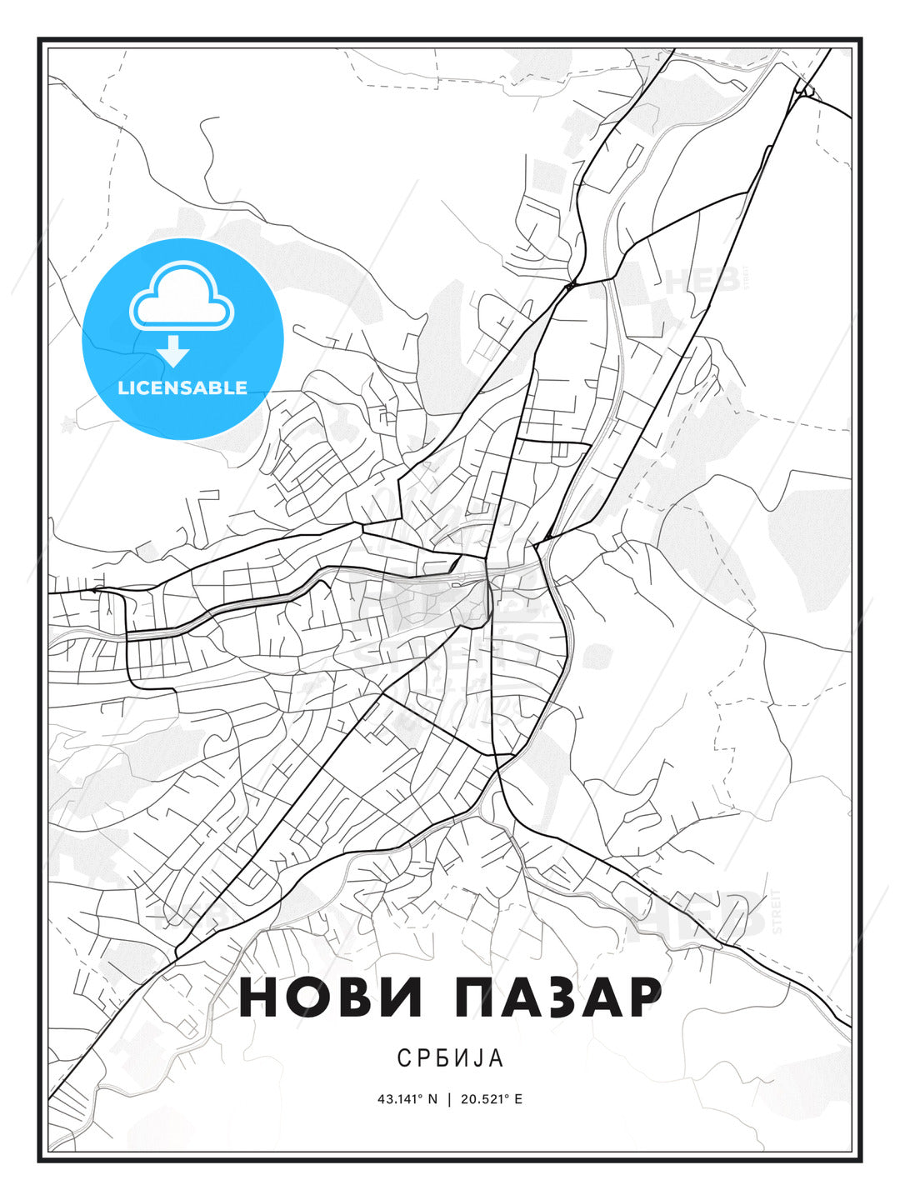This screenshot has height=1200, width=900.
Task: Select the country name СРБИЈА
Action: [450, 1058]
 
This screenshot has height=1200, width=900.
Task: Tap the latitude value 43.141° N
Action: [407, 1099]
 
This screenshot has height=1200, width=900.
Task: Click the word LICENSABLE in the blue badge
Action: [182, 387]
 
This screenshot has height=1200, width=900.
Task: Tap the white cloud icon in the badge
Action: [182, 297]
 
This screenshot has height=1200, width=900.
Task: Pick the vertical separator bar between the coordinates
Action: [450, 1099]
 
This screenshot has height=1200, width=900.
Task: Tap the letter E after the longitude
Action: [518, 1099]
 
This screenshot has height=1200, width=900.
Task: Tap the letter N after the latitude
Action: [432, 1099]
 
